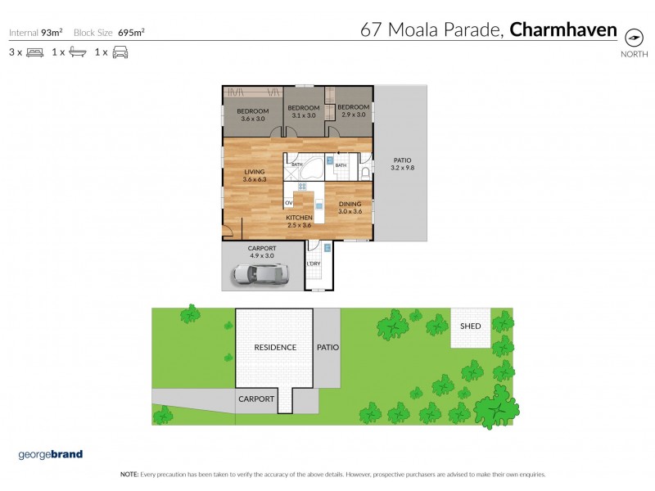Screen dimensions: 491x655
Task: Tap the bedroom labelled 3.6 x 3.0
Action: click(253, 115)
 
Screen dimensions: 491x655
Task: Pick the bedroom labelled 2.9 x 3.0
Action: click(354, 111)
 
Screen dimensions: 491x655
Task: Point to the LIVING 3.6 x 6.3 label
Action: click(254, 175)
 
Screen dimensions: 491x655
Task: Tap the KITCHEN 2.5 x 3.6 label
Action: click(298, 222)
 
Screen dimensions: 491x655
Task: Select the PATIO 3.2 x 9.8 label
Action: click(402, 164)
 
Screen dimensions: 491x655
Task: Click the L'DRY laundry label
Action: click(313, 264)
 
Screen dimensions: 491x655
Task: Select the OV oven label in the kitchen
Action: click(289, 202)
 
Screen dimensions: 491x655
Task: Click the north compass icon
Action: click(633, 38)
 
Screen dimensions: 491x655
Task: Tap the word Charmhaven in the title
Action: click(562, 30)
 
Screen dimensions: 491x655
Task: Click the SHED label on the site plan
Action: click(471, 327)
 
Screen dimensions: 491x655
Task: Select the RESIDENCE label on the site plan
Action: click(275, 347)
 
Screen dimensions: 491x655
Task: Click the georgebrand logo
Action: click(50, 454)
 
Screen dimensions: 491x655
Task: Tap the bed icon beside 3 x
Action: click(34, 52)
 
